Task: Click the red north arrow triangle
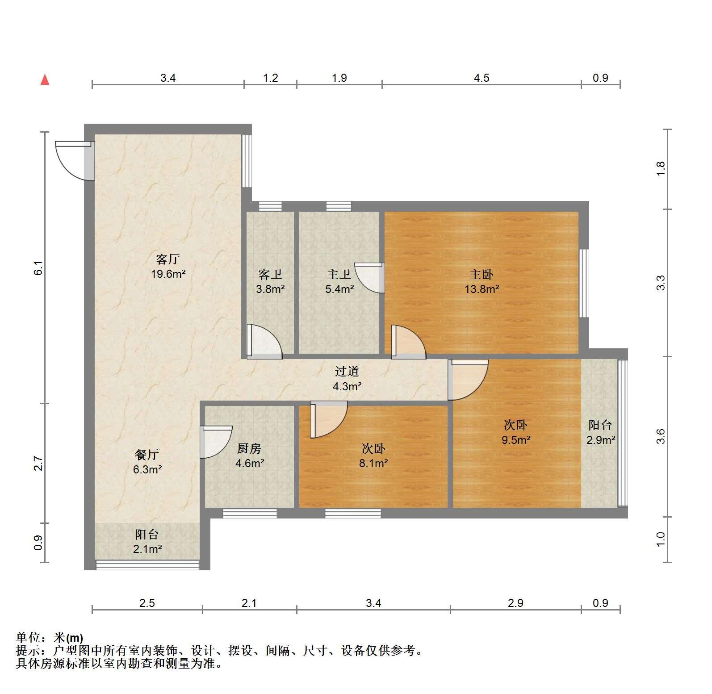point(45,79)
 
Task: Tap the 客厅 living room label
point(168,259)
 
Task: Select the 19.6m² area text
point(168,274)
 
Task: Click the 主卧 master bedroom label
point(482,274)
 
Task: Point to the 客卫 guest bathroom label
point(270,274)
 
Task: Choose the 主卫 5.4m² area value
point(339,288)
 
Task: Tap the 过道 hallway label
point(347,371)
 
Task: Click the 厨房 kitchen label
point(249,448)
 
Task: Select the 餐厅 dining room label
point(147,455)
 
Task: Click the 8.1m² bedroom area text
point(373,463)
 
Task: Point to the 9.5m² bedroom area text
point(516,440)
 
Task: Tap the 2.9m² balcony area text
point(601,440)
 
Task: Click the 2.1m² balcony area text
point(147,549)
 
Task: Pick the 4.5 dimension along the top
point(482,78)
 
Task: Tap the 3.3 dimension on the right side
point(661,283)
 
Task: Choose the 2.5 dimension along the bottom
point(147,603)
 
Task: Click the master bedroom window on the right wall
point(584,283)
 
